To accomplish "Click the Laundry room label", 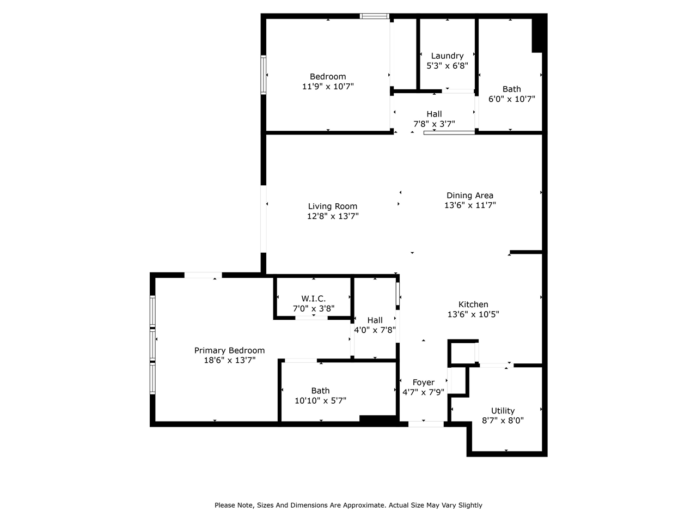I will [447, 56].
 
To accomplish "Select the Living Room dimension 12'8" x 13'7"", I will [333, 216].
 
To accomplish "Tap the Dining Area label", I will [469, 196].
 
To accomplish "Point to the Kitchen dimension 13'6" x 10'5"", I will [473, 314].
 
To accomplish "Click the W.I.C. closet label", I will [313, 299].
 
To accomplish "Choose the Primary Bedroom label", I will [229, 350].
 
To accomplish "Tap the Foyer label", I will [423, 382].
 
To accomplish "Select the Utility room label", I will [503, 411].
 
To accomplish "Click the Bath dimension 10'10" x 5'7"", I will [320, 400].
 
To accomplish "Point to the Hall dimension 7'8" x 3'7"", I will [434, 124].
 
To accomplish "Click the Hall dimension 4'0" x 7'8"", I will [375, 330].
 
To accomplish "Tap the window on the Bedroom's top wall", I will [375, 16].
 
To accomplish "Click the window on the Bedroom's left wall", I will [264, 75].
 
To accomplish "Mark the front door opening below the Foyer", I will [426, 423].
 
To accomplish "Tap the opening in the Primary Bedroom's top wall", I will [203, 275].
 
